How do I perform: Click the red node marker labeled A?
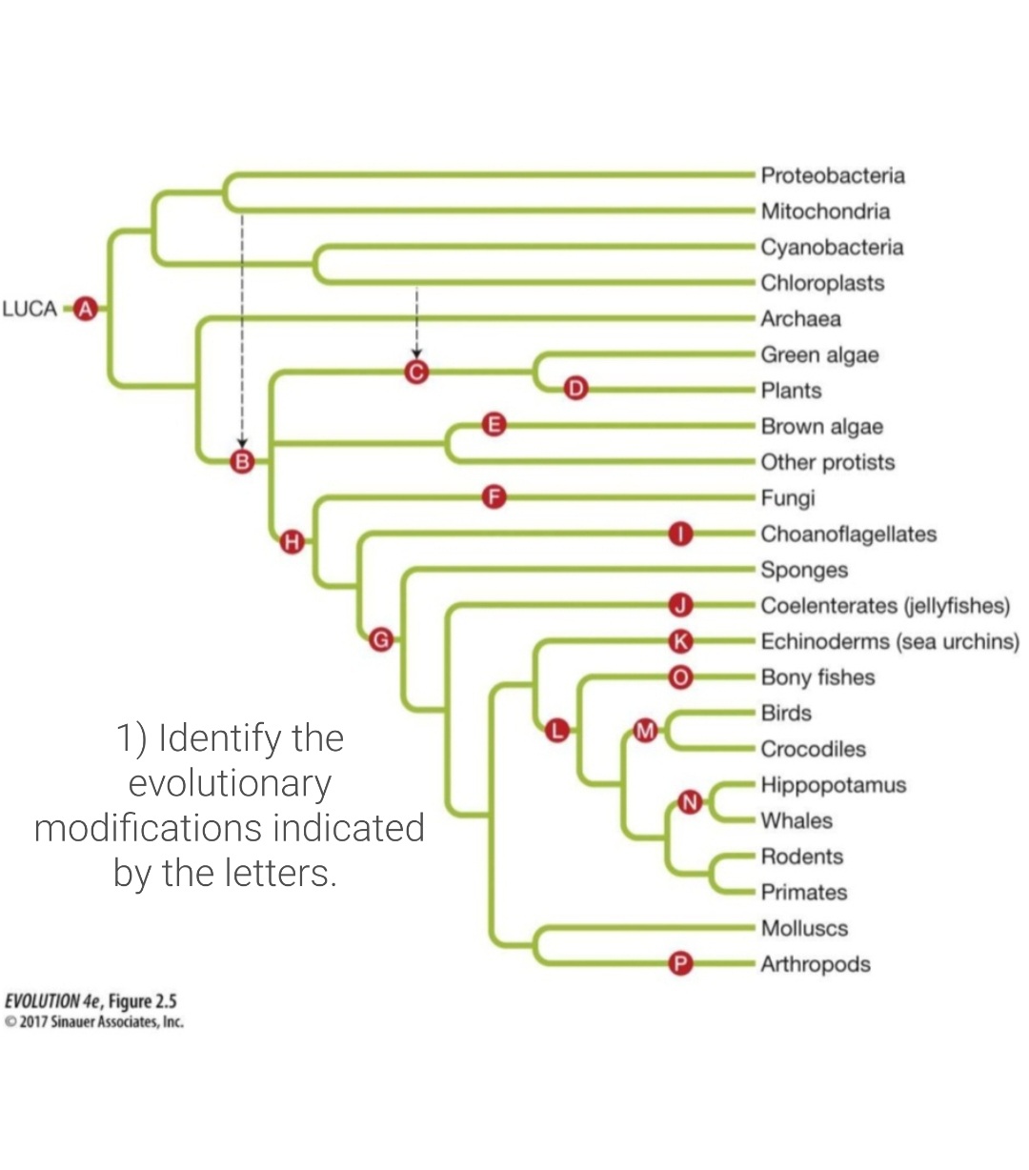(87, 309)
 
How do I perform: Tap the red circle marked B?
(243, 462)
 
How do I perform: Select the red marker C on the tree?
(415, 373)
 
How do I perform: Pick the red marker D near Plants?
(575, 389)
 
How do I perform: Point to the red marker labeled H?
(293, 543)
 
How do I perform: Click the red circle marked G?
(380, 639)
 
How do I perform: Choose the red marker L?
(556, 731)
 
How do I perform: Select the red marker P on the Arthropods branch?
(679, 964)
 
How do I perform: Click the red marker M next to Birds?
(646, 731)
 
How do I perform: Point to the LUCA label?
(30, 309)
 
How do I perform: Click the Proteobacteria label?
(832, 175)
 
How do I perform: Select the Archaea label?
(800, 319)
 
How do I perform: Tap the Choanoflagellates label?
(848, 535)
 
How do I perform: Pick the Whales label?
(797, 821)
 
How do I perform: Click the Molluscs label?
(804, 928)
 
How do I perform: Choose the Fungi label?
(787, 498)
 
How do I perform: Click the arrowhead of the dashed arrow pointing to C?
(416, 354)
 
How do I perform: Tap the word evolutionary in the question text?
(230, 783)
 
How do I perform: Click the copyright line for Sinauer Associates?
(94, 1022)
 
